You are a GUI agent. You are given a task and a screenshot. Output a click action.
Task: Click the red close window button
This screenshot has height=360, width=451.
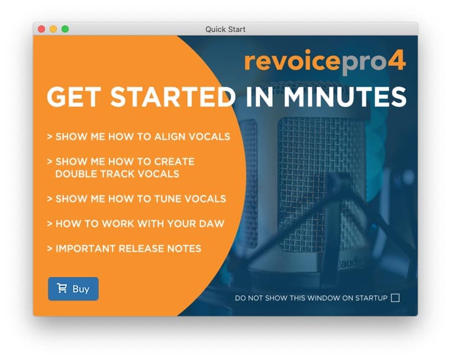[x=41, y=29]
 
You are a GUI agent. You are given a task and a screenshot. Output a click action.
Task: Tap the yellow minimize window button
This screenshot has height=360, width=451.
[x=53, y=29]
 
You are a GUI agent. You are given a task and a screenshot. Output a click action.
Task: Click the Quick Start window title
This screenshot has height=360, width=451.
[x=225, y=30]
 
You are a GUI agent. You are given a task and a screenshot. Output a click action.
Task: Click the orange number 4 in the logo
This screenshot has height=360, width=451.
[x=397, y=60]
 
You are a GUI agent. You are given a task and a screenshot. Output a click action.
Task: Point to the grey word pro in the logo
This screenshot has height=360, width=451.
[x=363, y=63]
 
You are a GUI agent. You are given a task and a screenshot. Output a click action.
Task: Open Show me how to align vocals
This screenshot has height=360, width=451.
[x=138, y=137]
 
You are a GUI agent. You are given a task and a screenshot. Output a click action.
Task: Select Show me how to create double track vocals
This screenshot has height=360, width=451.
[x=121, y=168]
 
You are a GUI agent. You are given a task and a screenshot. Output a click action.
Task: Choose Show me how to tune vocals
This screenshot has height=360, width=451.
[x=137, y=199]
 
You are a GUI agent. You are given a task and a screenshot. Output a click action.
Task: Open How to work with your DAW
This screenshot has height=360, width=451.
[x=136, y=224]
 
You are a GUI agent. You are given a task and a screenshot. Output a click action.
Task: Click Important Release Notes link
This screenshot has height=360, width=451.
[x=124, y=249]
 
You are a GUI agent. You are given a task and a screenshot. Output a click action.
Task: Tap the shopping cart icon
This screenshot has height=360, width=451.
[x=62, y=288]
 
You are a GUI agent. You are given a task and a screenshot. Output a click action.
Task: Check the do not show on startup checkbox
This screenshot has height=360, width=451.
[x=395, y=298]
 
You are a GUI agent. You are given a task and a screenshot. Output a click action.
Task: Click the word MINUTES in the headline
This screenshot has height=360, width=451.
[x=345, y=97]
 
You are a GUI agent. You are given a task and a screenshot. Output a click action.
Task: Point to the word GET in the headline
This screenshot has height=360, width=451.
[x=74, y=97]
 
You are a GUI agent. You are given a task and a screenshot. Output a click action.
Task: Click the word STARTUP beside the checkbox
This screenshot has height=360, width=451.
[x=371, y=298]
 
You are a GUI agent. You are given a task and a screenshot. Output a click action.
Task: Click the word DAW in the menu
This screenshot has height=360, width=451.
[x=211, y=224]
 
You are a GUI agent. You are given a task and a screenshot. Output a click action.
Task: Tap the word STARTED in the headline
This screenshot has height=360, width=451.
[x=173, y=97]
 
